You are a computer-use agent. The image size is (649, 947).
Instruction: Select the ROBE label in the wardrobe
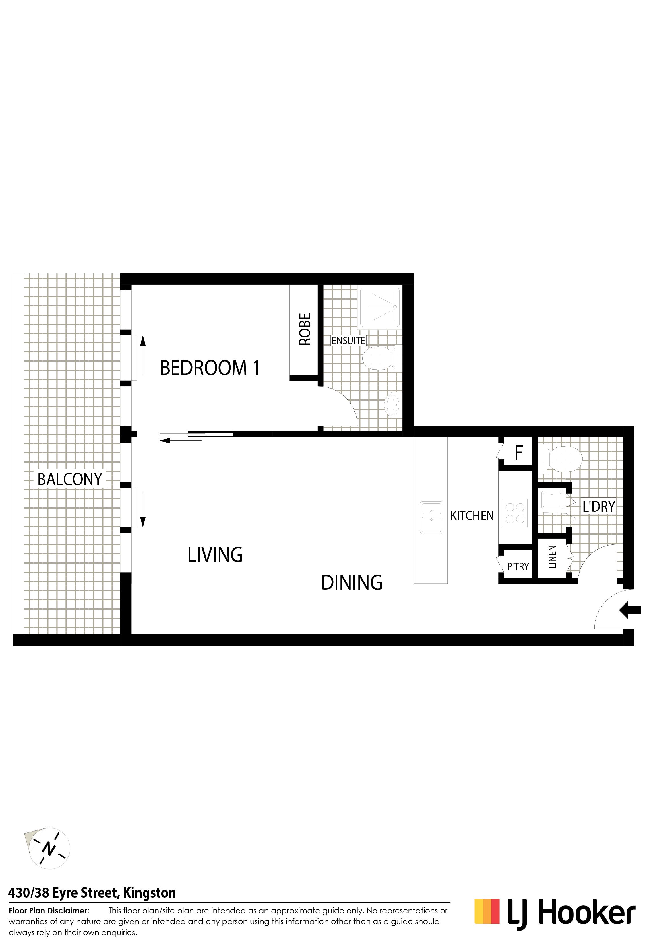305,329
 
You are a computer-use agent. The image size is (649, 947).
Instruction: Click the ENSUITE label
348,340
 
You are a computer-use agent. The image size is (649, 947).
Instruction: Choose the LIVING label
215,555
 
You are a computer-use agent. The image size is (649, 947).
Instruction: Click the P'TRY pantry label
518,566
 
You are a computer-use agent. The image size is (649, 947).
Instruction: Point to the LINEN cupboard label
552,557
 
